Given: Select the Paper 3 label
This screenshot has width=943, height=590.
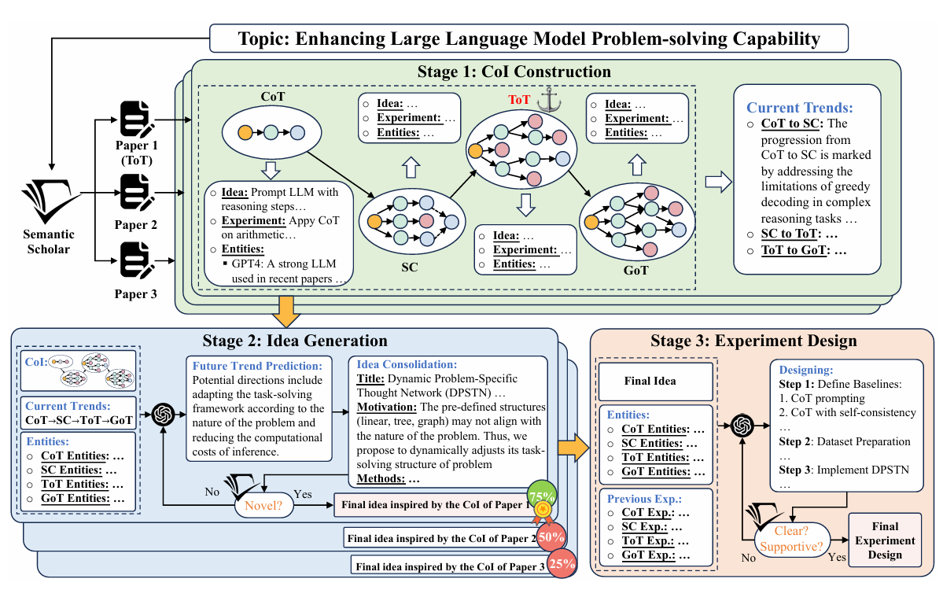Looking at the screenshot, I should pyautogui.click(x=136, y=294).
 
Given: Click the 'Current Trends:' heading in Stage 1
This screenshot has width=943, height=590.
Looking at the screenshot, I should pyautogui.click(x=798, y=108).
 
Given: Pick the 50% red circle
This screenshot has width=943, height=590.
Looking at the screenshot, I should pyautogui.click(x=551, y=537).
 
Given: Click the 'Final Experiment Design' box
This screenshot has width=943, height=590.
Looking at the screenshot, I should pyautogui.click(x=885, y=540).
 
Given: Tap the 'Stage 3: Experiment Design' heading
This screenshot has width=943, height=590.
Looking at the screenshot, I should pyautogui.click(x=753, y=341).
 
